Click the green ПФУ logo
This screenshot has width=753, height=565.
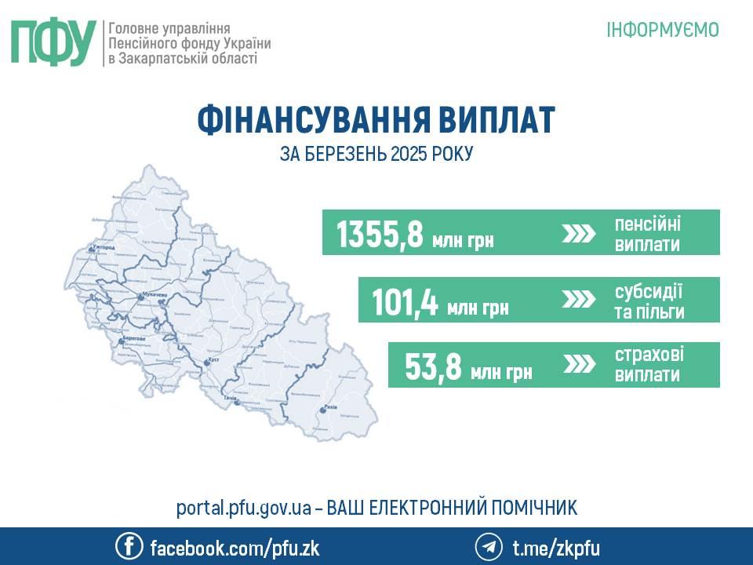click(x=53, y=42)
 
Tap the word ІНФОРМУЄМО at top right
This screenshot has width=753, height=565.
click(x=663, y=30)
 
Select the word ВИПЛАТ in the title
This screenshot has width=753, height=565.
click(x=495, y=121)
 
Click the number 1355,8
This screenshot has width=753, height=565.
click(x=380, y=234)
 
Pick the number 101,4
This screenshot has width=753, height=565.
click(x=405, y=302)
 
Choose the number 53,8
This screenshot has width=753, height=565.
click(x=432, y=366)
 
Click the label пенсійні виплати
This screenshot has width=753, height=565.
click(x=647, y=234)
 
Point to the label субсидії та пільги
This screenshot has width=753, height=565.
click(x=649, y=301)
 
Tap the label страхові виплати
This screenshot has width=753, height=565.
click(x=647, y=365)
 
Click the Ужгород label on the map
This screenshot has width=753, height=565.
click(x=104, y=248)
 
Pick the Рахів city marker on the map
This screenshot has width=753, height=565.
click(x=323, y=410)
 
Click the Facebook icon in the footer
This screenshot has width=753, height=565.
click(x=128, y=546)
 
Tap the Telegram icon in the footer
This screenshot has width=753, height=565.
click(x=488, y=546)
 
